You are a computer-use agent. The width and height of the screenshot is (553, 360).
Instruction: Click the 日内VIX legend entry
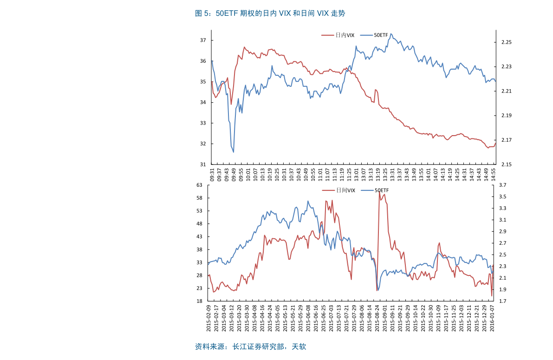(338, 35)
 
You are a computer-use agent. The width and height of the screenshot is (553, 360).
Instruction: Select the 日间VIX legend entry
(338, 190)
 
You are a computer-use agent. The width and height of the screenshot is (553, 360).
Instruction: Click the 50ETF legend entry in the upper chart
(374, 35)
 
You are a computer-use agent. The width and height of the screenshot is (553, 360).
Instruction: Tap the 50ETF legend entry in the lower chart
(375, 190)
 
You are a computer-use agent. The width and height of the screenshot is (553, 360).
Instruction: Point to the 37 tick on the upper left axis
(203, 40)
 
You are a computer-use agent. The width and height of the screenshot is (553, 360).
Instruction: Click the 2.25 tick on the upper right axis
(507, 42)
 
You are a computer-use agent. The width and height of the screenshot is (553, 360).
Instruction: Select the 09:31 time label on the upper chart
(212, 175)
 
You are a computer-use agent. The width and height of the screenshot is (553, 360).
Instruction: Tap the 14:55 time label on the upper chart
(494, 175)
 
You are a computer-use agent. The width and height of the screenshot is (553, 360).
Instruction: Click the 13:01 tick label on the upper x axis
(356, 175)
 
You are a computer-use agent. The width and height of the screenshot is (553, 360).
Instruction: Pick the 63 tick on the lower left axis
(200, 185)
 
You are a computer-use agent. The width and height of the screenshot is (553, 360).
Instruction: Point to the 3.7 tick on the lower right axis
(502, 185)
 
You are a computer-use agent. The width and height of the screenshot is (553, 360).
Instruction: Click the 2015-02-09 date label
(208, 318)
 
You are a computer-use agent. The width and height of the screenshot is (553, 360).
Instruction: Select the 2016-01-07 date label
(492, 318)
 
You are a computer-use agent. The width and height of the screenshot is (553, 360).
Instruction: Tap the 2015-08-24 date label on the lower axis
(377, 318)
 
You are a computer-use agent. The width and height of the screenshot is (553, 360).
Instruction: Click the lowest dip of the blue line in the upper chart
(233, 152)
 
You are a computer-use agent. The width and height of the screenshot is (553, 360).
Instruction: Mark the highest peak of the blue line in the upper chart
(391, 34)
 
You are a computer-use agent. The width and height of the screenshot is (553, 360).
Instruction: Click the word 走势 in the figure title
(338, 13)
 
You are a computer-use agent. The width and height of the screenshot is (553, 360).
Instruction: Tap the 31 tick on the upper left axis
(203, 164)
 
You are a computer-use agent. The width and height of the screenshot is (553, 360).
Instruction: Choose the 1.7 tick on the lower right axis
(502, 301)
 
